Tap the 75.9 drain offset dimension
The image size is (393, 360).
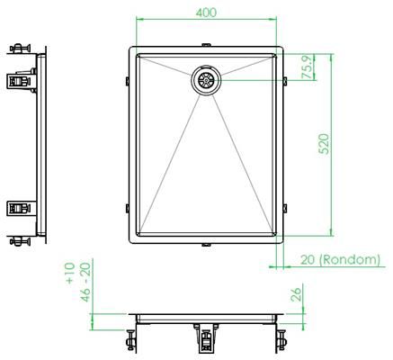[x=308, y=69]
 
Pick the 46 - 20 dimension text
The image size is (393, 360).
[x=86, y=281]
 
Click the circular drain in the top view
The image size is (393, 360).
[x=206, y=80]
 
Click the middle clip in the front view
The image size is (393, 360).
[x=207, y=339]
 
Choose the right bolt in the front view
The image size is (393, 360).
[x=281, y=339]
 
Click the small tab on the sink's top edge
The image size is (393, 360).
[x=207, y=44]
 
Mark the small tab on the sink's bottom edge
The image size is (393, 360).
[x=207, y=247]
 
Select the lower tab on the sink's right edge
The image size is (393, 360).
[x=286, y=209]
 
